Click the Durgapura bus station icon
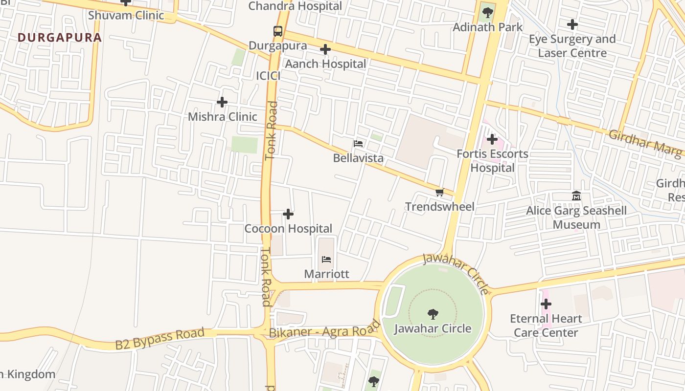[x=278, y=31]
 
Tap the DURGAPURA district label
[x=60, y=38]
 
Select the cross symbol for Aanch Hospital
[x=325, y=49]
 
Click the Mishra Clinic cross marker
[x=222, y=102]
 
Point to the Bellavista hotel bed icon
[x=358, y=144]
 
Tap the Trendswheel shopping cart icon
[x=439, y=192]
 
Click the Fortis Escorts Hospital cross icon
[x=492, y=140]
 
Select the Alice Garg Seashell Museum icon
[x=576, y=196]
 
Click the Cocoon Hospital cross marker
[x=288, y=214]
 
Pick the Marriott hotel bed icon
[x=326, y=260]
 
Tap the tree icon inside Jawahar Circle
[x=433, y=314]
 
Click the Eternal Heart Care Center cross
[x=546, y=304]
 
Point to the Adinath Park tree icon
[x=487, y=13]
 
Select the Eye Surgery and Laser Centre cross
[x=572, y=24]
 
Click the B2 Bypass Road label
[x=160, y=339]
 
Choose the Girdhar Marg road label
[x=645, y=144]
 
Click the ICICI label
[x=268, y=76]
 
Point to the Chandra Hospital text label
[x=295, y=6]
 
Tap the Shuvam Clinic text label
[x=126, y=15]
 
